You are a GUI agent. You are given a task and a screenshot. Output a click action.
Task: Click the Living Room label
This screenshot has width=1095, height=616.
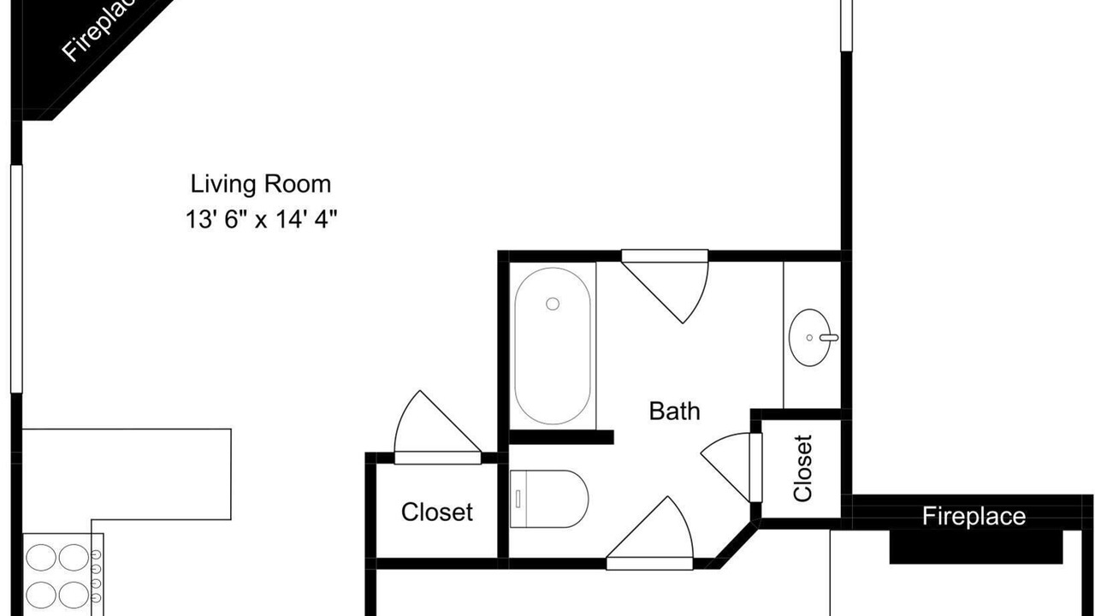[261, 185]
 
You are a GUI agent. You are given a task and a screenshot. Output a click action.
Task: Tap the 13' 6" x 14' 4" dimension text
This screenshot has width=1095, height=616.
[262, 219]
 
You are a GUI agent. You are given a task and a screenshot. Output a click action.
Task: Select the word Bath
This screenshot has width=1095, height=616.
[675, 412]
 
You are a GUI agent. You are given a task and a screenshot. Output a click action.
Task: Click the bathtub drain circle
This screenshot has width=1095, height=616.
[553, 304]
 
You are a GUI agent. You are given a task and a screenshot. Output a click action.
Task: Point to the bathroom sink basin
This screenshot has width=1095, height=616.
[810, 337]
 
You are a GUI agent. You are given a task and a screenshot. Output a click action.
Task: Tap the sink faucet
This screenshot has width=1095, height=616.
[829, 337]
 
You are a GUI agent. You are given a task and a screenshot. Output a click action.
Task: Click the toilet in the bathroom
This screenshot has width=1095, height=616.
[549, 499]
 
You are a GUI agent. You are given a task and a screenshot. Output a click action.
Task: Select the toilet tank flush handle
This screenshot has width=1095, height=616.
[518, 499]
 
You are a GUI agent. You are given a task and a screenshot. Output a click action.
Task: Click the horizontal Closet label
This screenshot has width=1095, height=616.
[436, 512]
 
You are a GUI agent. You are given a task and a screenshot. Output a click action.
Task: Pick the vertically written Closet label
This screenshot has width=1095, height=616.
[803, 468]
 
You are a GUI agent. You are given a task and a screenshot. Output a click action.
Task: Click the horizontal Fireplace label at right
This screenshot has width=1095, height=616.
[974, 516]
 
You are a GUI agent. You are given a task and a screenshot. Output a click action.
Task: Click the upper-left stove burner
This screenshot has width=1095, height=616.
[40, 557]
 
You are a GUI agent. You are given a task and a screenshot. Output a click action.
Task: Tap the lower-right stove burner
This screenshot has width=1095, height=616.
[74, 595]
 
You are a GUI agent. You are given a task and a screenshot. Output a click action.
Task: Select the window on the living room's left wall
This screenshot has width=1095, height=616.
[16, 279]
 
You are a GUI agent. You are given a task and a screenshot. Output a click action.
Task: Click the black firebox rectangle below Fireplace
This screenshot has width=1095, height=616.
[976, 547]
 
